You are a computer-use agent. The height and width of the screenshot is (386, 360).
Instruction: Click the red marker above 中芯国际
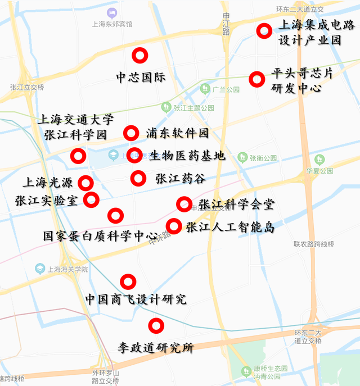139,56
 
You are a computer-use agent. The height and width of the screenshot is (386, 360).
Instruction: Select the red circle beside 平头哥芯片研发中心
257,79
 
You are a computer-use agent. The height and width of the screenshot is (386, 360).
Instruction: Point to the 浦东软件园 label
177,133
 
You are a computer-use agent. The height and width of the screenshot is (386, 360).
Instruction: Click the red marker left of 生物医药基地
134,156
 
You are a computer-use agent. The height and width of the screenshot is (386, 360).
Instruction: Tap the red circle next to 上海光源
85,183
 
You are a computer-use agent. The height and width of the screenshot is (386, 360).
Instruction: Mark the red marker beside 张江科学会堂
184,205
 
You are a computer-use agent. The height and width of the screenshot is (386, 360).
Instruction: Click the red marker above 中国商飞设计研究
128,281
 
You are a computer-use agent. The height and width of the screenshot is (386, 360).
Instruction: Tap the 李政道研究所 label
155,348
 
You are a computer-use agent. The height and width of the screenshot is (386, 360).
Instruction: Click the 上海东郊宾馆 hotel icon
112,12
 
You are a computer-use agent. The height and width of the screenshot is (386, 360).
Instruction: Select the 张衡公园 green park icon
242,157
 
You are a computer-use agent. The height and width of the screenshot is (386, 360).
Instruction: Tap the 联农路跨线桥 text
313,244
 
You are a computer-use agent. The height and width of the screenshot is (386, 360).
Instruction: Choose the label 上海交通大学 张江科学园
75,127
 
